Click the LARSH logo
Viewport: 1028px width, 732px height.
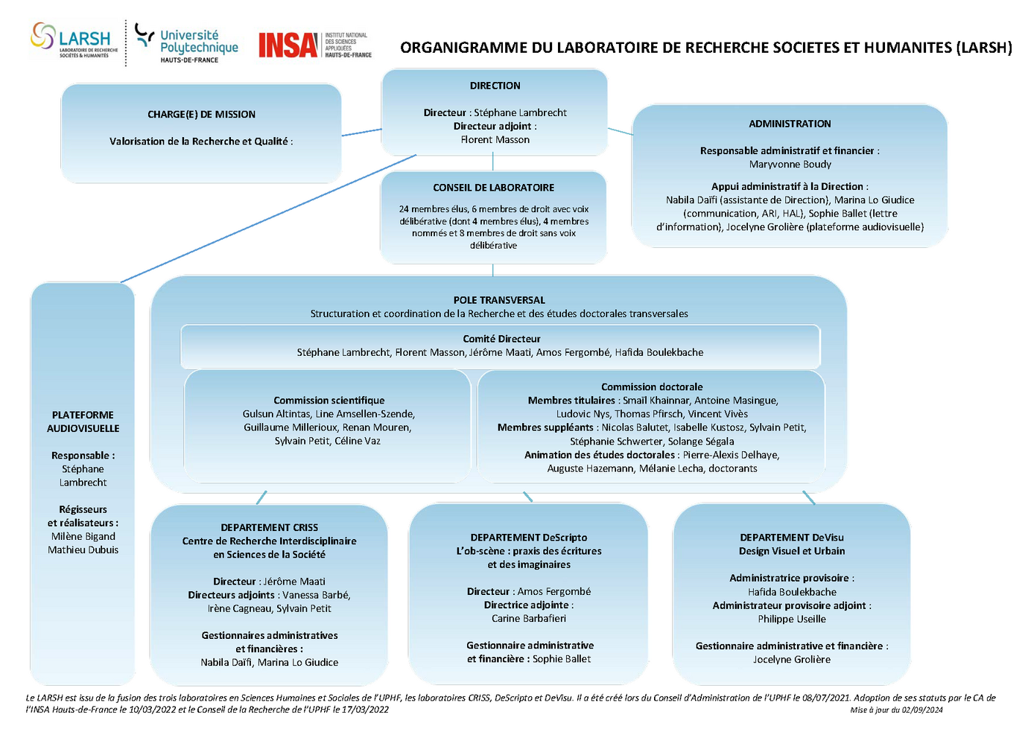[x=74, y=40]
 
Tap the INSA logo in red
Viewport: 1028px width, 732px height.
[x=288, y=45]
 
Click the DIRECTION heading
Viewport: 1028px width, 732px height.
[x=495, y=86]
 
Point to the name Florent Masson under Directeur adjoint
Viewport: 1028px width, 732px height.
[x=495, y=140]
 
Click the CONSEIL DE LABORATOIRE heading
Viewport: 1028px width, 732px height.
[x=493, y=188]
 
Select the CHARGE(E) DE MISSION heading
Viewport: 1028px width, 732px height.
[x=201, y=115]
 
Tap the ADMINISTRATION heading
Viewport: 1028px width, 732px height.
[x=790, y=124]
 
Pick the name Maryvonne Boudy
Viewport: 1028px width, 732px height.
[x=790, y=165]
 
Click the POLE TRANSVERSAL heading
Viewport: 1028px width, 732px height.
[x=499, y=300]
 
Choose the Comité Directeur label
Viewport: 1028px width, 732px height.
[x=501, y=339]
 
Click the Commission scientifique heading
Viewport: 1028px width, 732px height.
[x=329, y=401]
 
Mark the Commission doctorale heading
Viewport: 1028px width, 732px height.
[x=652, y=387]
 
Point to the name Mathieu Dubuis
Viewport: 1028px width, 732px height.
[x=83, y=550]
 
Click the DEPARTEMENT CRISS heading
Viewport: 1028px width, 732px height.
[x=269, y=527]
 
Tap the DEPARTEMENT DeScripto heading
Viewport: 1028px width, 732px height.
[x=528, y=538]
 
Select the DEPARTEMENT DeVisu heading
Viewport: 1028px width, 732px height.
[x=791, y=538]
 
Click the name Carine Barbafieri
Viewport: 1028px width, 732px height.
[x=528, y=619]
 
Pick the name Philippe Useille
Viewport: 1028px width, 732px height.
[x=791, y=620]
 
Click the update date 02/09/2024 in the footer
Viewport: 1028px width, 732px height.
[x=922, y=710]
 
